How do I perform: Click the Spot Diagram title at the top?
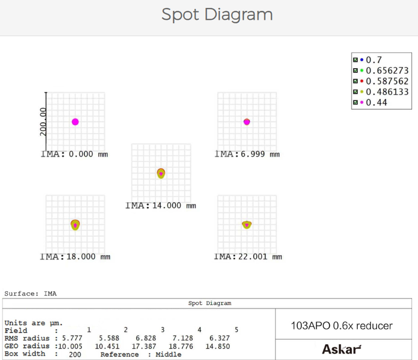pos(217,14)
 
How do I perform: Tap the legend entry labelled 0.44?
pos(376,103)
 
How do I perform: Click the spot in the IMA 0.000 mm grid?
pos(75,122)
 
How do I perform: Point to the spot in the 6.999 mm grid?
pos(247,122)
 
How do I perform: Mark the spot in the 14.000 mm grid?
pos(161,173)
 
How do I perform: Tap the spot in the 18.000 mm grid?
pos(75,225)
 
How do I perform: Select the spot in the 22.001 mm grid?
pos(247,225)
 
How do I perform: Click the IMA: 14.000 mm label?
pos(160,206)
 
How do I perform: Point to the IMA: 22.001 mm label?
pos(248,257)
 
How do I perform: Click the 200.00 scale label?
pos(43,122)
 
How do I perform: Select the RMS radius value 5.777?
pos(72,338)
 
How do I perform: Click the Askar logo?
pos(342,349)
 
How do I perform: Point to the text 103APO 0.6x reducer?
pos(342,326)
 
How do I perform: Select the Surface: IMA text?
pos(30,294)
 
